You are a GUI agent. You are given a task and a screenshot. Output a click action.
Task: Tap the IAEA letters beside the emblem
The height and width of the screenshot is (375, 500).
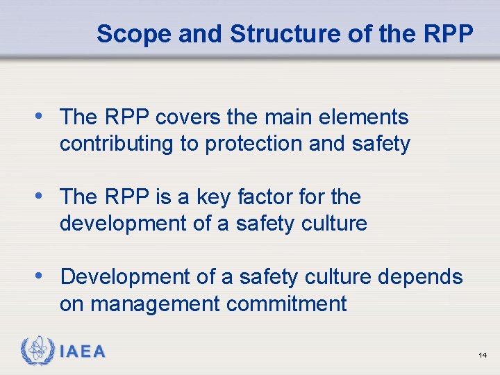(82, 352)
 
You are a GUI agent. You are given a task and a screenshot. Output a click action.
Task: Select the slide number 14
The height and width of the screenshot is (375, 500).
(483, 356)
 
